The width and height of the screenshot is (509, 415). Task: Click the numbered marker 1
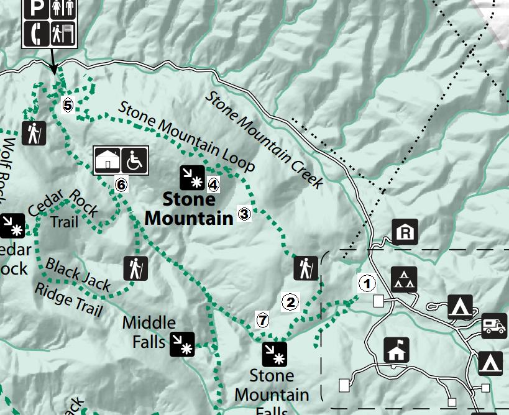tap(367, 284)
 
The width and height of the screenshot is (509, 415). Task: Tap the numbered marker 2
tap(290, 303)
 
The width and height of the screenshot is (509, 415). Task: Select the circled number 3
tap(244, 214)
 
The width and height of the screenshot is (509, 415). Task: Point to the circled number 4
tap(213, 184)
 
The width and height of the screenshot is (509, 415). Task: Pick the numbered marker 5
tap(68, 105)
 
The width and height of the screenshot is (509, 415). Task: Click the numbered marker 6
tap(121, 185)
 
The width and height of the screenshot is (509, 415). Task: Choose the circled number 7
tap(263, 321)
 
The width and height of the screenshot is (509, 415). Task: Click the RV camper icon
tap(494, 326)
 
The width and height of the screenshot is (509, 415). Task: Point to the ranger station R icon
tap(405, 232)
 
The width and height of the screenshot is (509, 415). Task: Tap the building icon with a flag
tap(396, 350)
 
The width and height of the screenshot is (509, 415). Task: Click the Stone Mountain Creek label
tap(265, 140)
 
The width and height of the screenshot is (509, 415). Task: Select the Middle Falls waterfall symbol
tap(182, 344)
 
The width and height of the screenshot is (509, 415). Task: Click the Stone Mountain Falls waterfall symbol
tap(274, 354)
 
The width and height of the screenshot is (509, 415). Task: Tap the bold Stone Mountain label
tap(188, 209)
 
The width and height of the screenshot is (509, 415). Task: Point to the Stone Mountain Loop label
tap(186, 136)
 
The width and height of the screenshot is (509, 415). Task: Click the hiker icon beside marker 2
tap(306, 268)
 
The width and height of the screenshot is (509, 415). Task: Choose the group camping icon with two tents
tap(404, 280)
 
